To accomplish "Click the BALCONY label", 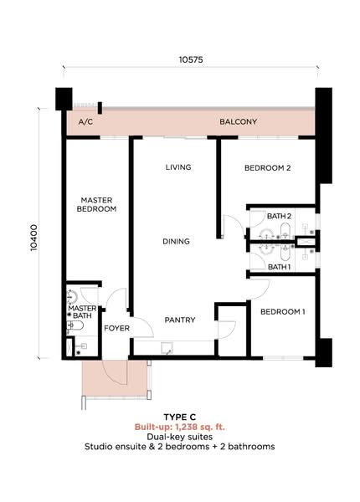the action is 238,121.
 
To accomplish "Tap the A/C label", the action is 85,121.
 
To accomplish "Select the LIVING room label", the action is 178,167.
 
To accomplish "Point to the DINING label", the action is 176,242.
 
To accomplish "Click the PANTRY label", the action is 180,320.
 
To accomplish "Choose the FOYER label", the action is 117,328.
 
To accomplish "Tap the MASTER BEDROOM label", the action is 96,205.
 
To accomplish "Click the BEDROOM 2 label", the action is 267,168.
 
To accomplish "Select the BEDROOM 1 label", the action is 282,311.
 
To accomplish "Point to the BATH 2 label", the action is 280,216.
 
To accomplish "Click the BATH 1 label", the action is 280,267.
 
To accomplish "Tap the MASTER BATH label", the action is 82,312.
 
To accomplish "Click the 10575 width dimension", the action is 191,59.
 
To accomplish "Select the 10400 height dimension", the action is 34,238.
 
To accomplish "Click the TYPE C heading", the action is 180,417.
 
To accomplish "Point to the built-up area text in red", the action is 180,427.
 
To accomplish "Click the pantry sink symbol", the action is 167,348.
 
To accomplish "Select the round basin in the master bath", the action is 72,297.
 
